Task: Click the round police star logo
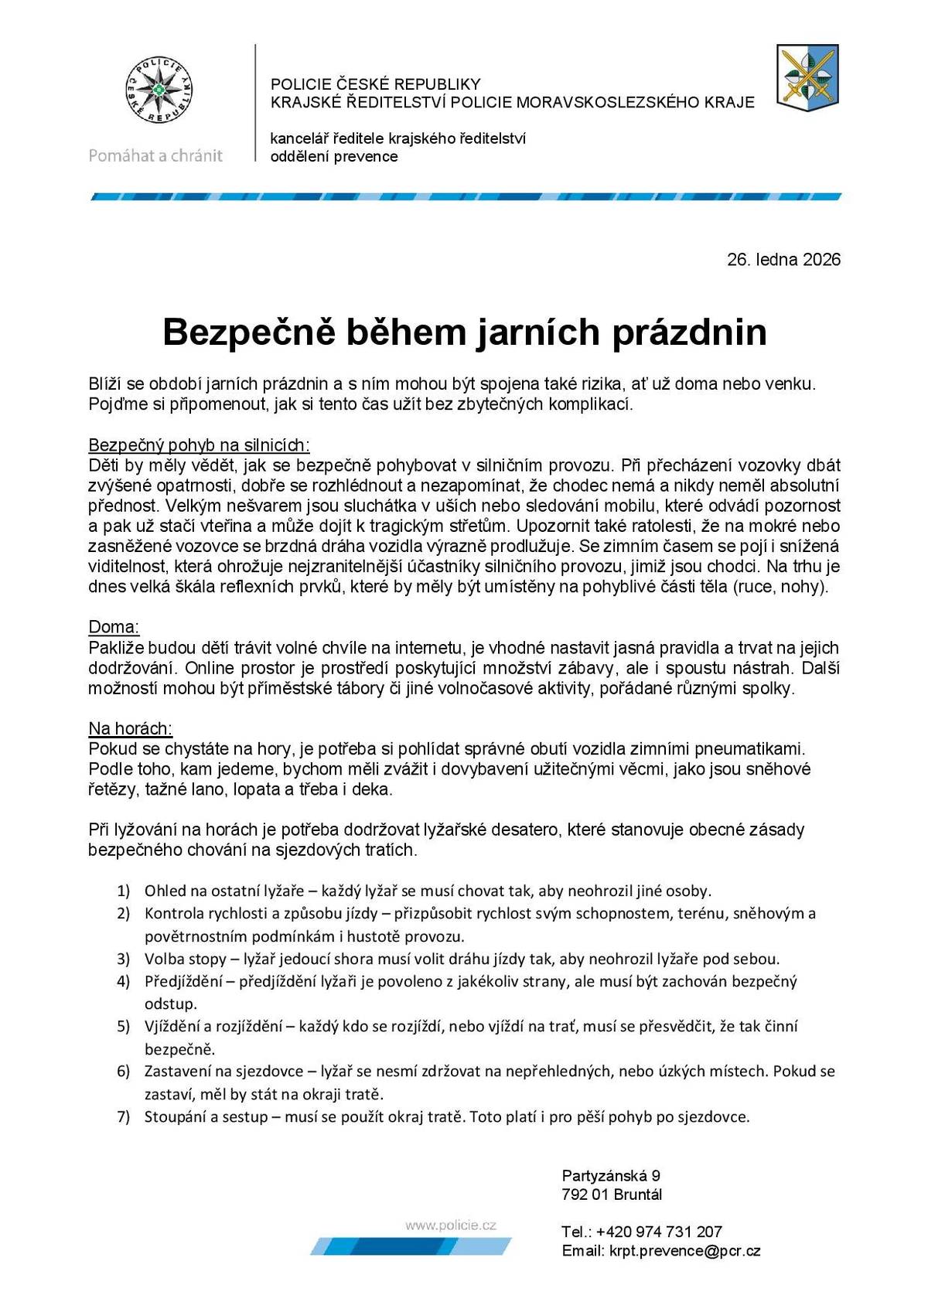pyautogui.click(x=159, y=90)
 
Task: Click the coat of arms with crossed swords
pyautogui.click(x=807, y=78)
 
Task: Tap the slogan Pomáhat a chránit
pyautogui.click(x=155, y=155)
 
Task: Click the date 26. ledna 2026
pyautogui.click(x=783, y=260)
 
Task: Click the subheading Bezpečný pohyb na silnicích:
pyautogui.click(x=199, y=445)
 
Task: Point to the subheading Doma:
pyautogui.click(x=114, y=627)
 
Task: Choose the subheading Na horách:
pyautogui.click(x=130, y=729)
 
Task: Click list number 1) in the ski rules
pyautogui.click(x=123, y=891)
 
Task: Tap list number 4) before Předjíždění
pyautogui.click(x=123, y=982)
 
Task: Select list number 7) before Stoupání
pyautogui.click(x=123, y=1117)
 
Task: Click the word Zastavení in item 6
pyautogui.click(x=179, y=1072)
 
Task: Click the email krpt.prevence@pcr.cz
pyautogui.click(x=684, y=1251)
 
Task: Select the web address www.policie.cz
pyautogui.click(x=450, y=1225)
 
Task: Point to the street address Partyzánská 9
pyautogui.click(x=611, y=1176)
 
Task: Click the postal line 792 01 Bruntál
pyautogui.click(x=612, y=1194)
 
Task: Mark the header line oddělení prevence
pyautogui.click(x=333, y=157)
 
